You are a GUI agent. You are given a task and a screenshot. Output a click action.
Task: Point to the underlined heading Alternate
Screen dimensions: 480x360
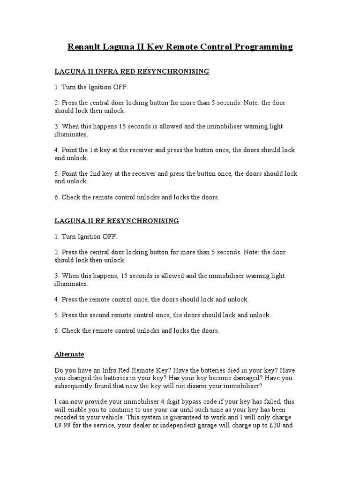(69, 354)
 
